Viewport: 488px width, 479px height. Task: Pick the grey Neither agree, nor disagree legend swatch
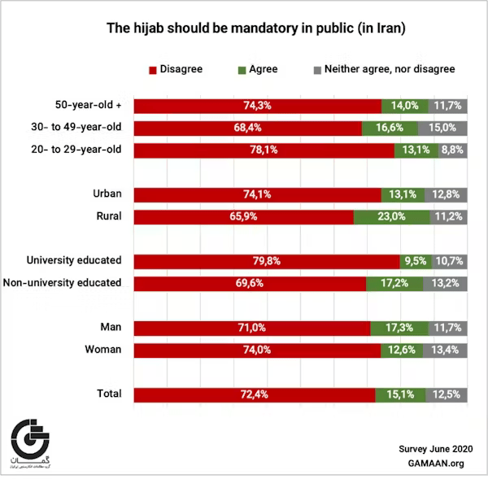click(x=316, y=69)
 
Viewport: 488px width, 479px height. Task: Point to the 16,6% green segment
click(x=390, y=128)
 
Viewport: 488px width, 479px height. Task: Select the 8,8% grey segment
click(x=452, y=150)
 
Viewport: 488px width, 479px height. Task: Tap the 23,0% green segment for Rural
click(x=392, y=217)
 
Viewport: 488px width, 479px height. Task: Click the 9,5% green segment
click(x=413, y=261)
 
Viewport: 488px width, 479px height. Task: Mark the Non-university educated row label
click(x=74, y=282)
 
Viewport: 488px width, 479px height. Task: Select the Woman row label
click(x=103, y=349)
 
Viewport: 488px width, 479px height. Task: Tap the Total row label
click(x=109, y=394)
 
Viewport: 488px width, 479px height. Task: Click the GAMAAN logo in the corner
click(x=30, y=446)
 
